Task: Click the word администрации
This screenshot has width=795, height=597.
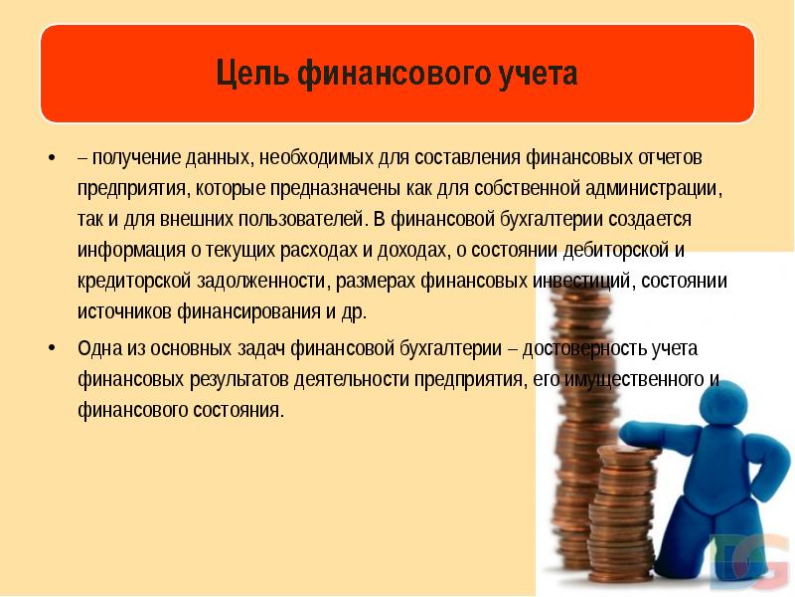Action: (x=657, y=188)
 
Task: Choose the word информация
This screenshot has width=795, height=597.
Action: (x=126, y=250)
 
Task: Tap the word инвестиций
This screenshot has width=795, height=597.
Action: (x=584, y=281)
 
